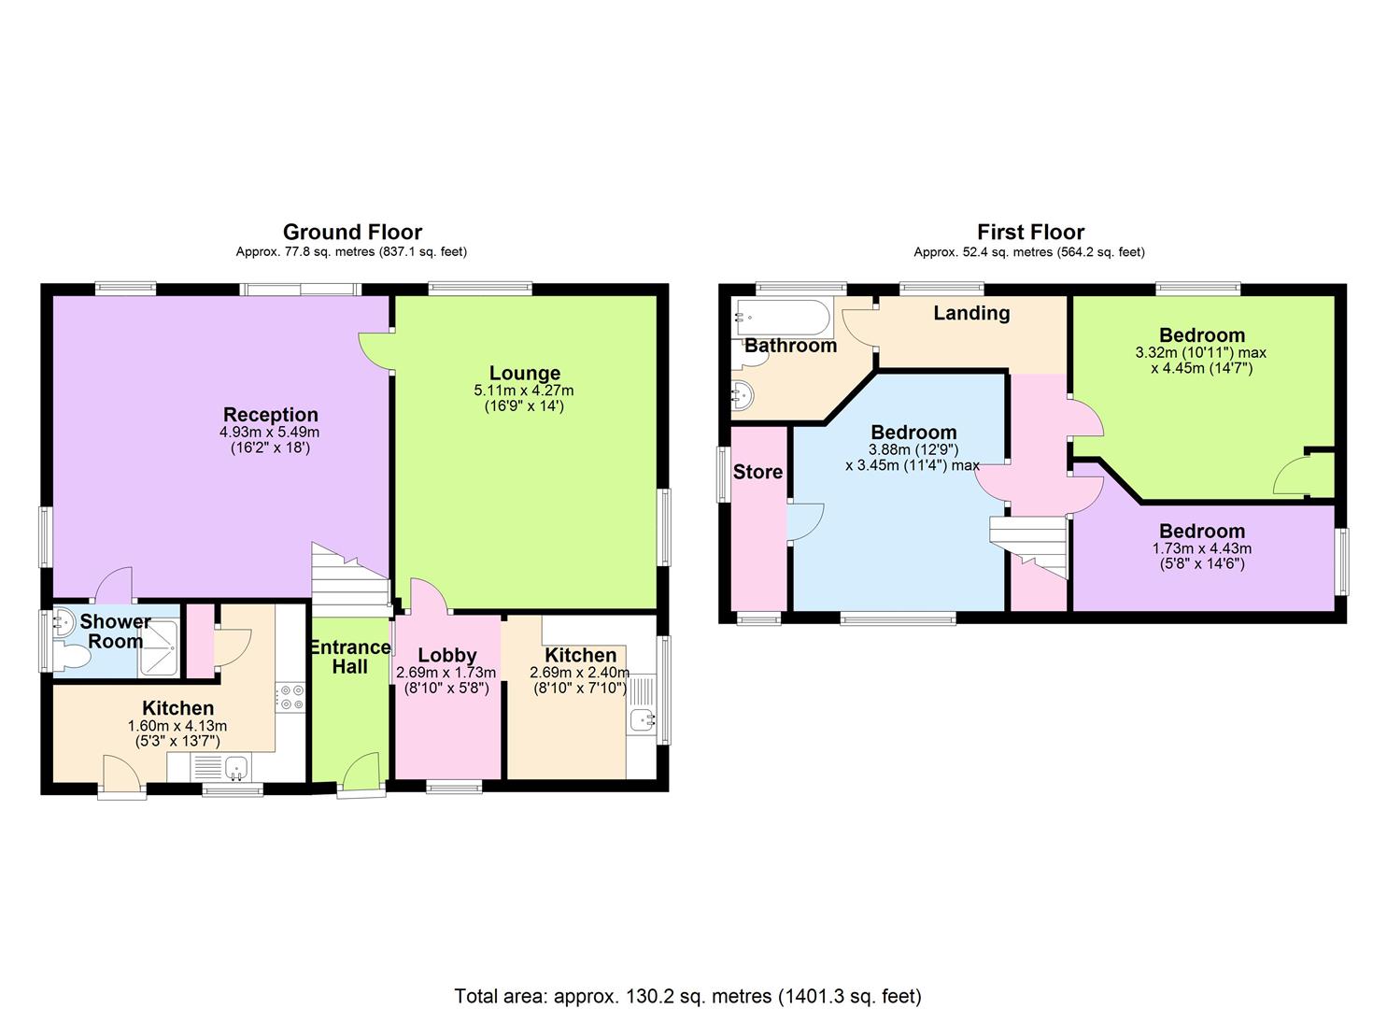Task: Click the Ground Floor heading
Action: (x=352, y=233)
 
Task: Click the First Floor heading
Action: (x=1030, y=233)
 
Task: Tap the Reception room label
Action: (x=271, y=415)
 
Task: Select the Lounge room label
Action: (x=525, y=373)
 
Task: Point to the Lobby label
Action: (x=447, y=655)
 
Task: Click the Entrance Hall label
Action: (x=350, y=657)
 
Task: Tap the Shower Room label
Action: (x=115, y=631)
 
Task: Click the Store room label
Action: (x=757, y=472)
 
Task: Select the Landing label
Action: (x=971, y=313)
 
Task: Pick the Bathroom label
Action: (x=791, y=346)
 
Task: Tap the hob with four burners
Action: (x=290, y=697)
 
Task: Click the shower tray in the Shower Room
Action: (x=159, y=647)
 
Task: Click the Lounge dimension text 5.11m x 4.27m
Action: (x=524, y=391)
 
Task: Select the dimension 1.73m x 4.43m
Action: (x=1202, y=548)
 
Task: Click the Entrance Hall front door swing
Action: (x=360, y=771)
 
